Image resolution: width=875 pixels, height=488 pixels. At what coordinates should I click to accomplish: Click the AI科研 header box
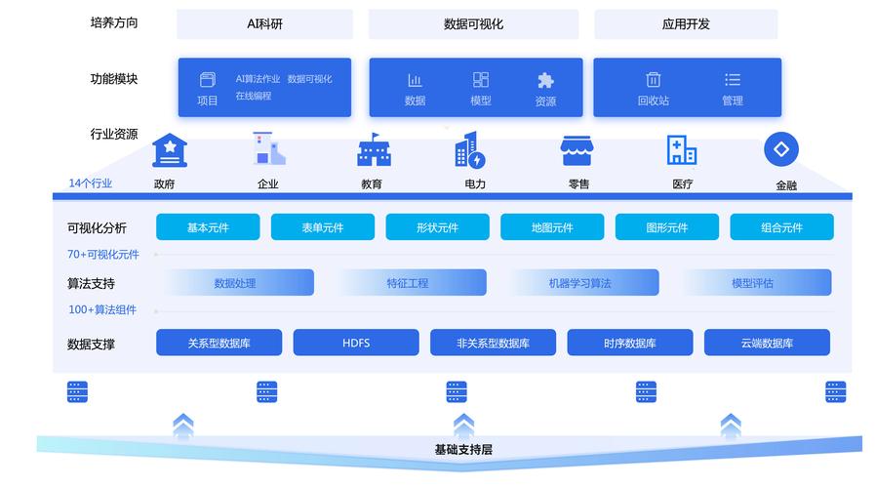(x=264, y=24)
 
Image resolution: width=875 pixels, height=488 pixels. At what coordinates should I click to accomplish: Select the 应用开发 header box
(x=685, y=24)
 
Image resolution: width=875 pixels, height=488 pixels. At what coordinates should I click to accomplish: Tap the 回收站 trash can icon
(x=653, y=80)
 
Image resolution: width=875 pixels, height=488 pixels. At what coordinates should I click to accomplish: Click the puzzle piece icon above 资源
(x=545, y=80)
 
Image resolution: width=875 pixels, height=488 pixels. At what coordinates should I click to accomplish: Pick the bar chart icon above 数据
(x=415, y=80)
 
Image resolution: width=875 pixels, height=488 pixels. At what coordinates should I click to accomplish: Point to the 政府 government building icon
(x=170, y=150)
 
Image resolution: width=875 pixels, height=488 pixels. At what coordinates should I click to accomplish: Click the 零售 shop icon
(x=577, y=150)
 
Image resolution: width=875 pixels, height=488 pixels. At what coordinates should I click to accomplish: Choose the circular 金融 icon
(x=780, y=149)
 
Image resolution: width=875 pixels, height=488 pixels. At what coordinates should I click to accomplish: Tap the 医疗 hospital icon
(x=681, y=150)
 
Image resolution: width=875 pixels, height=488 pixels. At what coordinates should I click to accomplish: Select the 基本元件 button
(x=208, y=227)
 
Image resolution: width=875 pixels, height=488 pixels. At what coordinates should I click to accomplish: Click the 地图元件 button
(x=552, y=227)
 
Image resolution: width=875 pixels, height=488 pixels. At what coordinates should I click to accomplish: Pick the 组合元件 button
(x=781, y=227)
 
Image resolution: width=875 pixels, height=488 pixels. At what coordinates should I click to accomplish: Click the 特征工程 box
(x=407, y=283)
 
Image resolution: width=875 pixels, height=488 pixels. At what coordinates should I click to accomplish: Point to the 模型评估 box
(x=752, y=283)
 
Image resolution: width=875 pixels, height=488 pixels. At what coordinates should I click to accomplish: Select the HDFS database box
(x=356, y=343)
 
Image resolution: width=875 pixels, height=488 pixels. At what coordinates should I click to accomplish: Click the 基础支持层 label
(x=463, y=450)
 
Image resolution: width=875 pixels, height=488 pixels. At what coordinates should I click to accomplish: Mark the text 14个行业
(x=90, y=183)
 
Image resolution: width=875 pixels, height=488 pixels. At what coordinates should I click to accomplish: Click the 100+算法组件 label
(x=101, y=309)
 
